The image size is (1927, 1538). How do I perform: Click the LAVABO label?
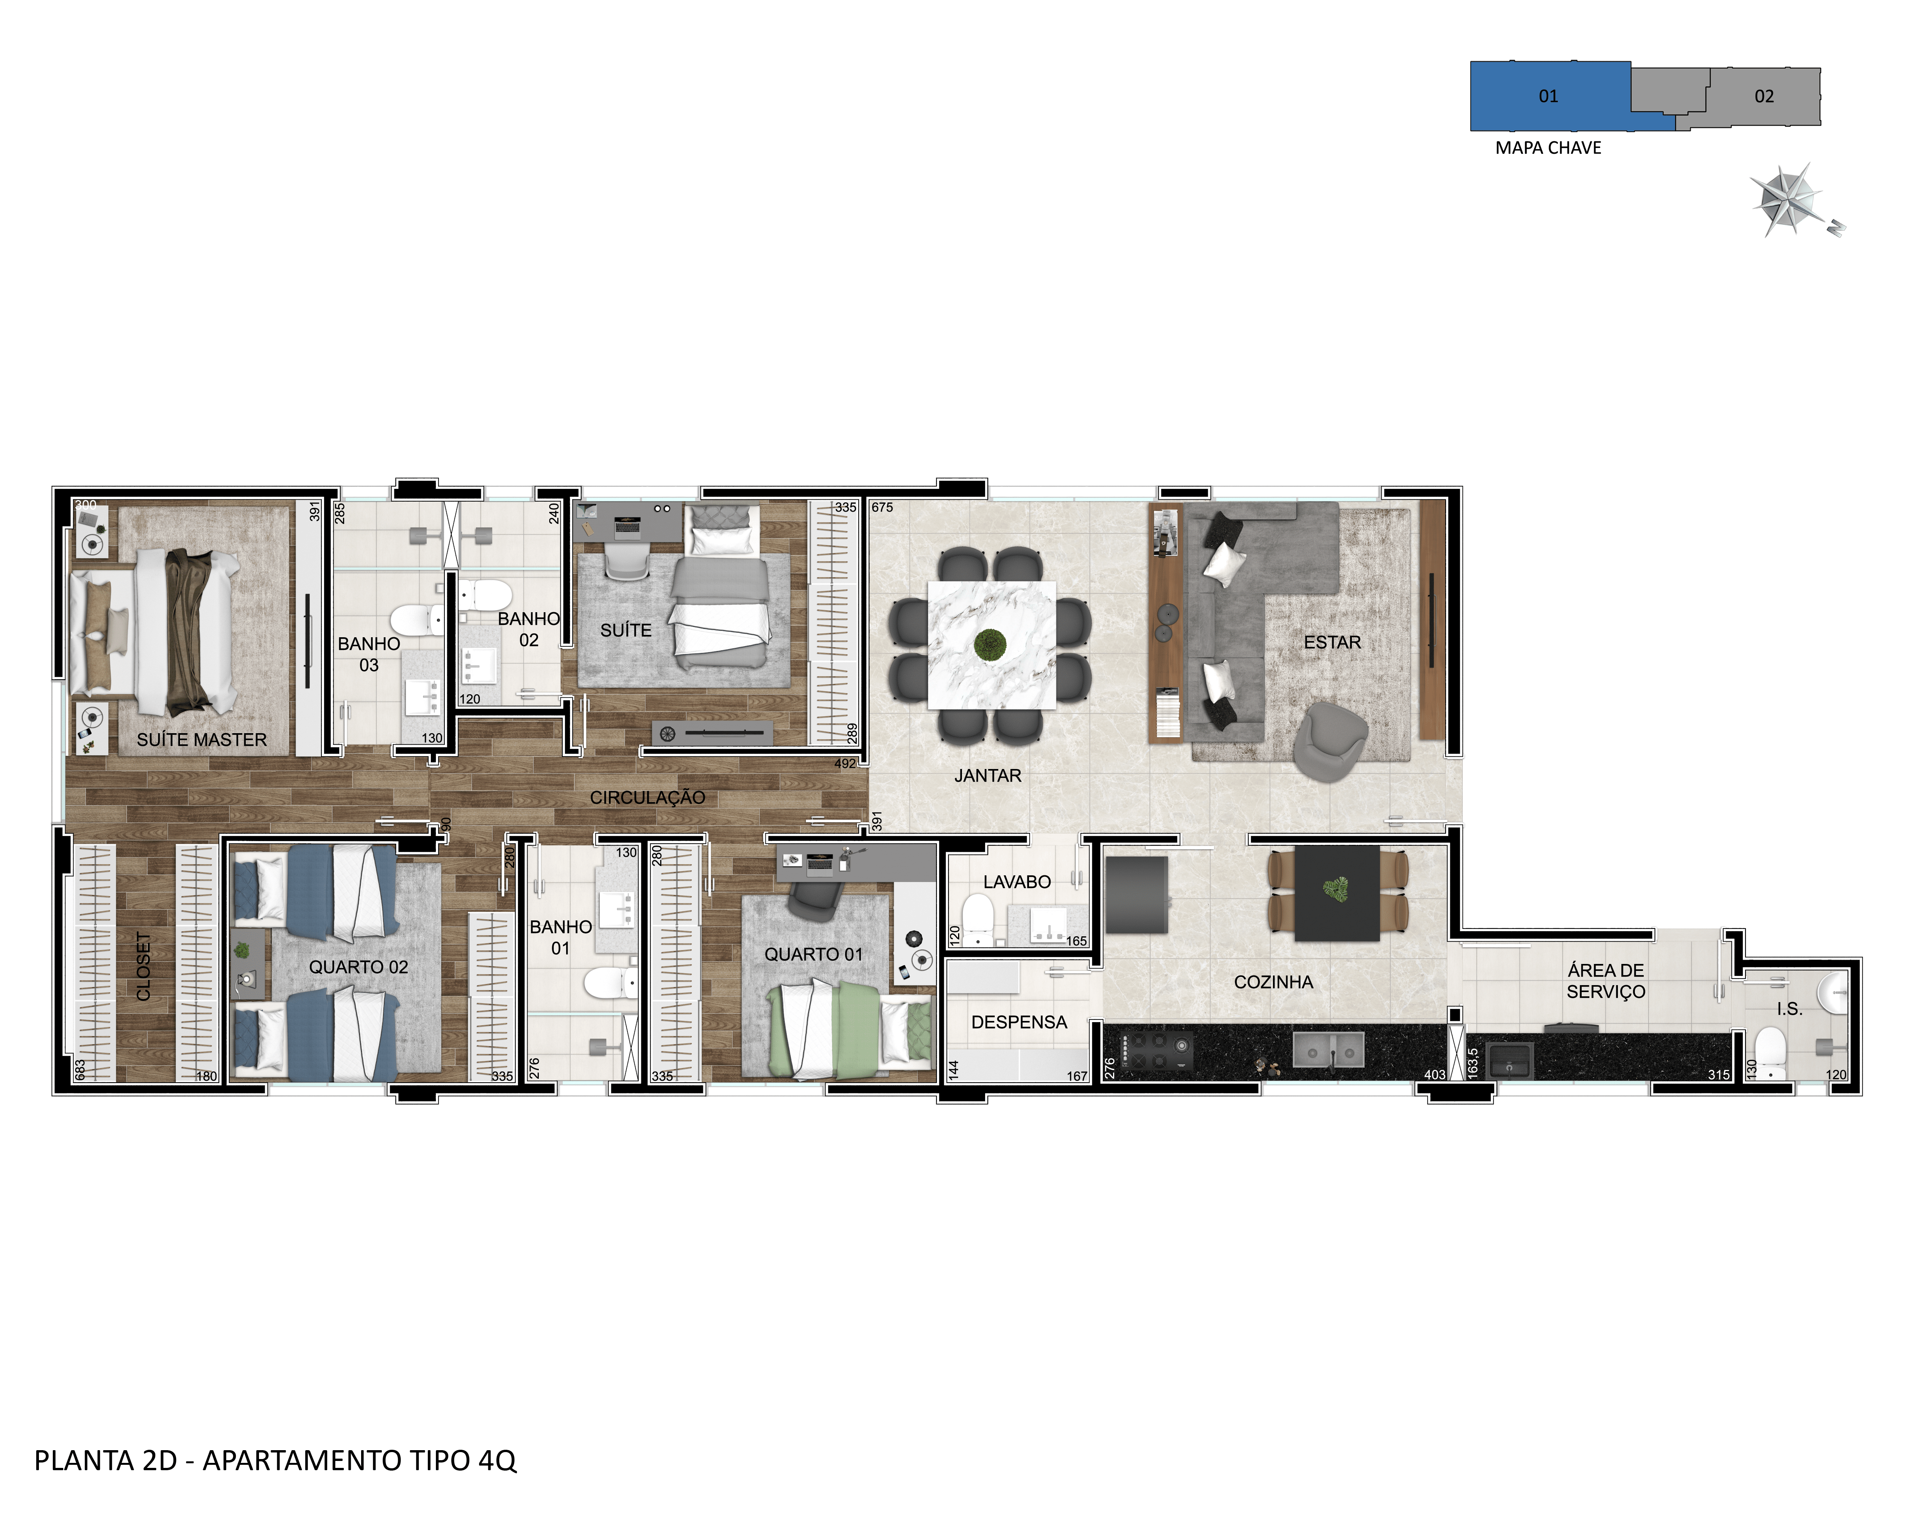click(1017, 882)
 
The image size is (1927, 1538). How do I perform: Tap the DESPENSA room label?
click(1019, 1023)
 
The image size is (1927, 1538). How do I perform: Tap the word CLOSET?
click(143, 967)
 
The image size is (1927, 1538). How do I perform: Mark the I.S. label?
click(1789, 1009)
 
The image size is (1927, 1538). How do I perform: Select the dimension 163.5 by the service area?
click(1473, 1063)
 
